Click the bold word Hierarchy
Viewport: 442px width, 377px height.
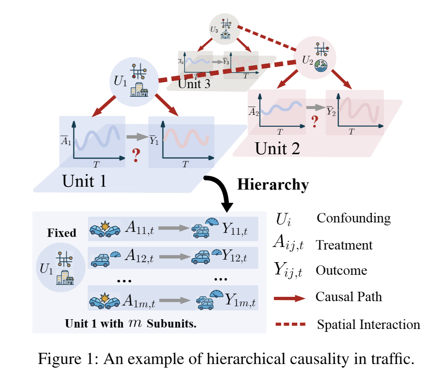273,185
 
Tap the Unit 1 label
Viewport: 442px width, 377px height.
84,181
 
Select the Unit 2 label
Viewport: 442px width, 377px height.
277,148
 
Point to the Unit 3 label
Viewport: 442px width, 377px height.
194,84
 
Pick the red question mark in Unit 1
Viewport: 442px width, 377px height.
136,155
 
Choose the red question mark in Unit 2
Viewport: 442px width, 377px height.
315,122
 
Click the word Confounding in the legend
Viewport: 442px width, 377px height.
354,218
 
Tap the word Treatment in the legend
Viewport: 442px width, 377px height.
344,245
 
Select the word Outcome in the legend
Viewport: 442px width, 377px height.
341,270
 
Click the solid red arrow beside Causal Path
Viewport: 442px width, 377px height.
289,298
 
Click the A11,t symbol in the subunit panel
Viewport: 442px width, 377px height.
139,228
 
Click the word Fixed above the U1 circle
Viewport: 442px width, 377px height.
62,233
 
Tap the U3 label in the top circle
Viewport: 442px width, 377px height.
214,29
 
